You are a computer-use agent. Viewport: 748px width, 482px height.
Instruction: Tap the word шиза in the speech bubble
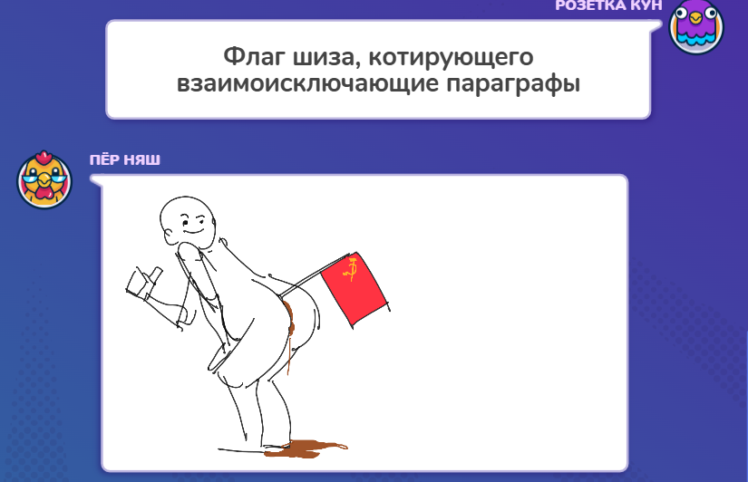[x=324, y=57]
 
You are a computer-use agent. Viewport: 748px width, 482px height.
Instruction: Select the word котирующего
[x=451, y=58]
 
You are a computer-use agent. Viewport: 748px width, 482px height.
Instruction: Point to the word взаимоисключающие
[x=307, y=84]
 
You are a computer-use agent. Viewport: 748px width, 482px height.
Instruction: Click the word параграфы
[x=513, y=84]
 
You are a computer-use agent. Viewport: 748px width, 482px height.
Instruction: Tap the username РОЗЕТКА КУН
[x=608, y=5]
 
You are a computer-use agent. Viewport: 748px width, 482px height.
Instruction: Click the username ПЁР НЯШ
[x=125, y=159]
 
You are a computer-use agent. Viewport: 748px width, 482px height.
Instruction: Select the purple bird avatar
[x=696, y=26]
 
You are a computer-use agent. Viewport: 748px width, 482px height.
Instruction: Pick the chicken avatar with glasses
[x=44, y=179]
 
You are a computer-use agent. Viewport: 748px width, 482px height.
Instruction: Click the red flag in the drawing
[x=354, y=287]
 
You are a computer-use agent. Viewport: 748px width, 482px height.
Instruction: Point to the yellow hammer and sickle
[x=351, y=270]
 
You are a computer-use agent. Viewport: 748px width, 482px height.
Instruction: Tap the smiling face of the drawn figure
[x=192, y=226]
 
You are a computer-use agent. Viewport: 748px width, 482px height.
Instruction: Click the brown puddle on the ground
[x=306, y=448]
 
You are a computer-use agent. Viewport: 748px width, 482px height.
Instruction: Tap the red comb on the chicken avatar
[x=44, y=157]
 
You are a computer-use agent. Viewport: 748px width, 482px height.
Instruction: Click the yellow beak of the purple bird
[x=696, y=18]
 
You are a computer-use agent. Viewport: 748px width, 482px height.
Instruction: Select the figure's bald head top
[x=184, y=204]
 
